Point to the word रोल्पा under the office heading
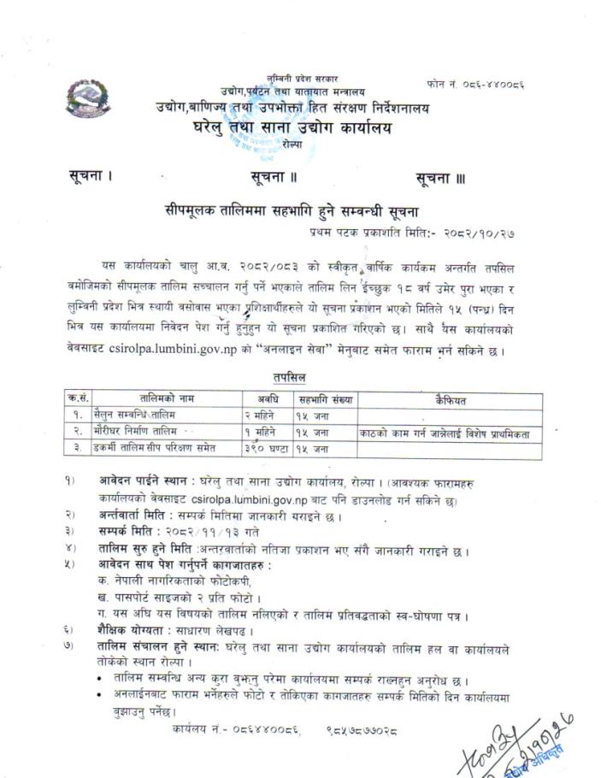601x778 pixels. click(293, 146)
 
